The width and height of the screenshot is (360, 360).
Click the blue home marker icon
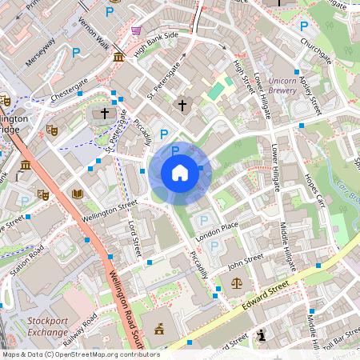pyautogui.click(x=179, y=173)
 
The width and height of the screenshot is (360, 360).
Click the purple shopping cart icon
pyautogui.click(x=136, y=30)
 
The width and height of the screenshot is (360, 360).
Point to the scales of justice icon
pyautogui.click(x=236, y=282)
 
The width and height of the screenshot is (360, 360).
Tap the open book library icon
pyautogui.click(x=77, y=194)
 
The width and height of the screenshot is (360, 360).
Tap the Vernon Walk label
pyautogui.click(x=94, y=37)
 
